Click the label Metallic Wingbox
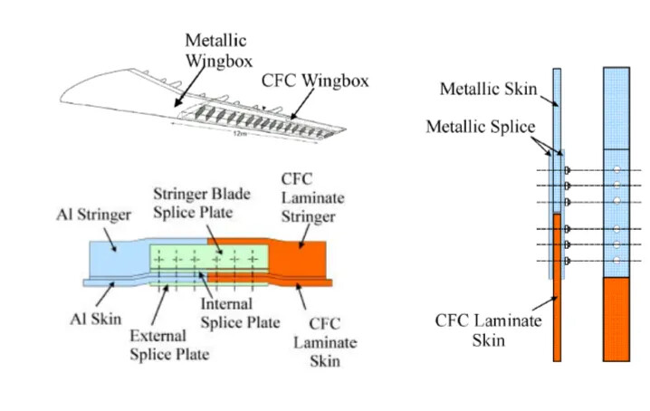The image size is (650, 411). pyautogui.click(x=215, y=52)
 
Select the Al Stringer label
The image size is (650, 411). pyautogui.click(x=91, y=218)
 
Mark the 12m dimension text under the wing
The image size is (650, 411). pyautogui.click(x=238, y=133)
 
